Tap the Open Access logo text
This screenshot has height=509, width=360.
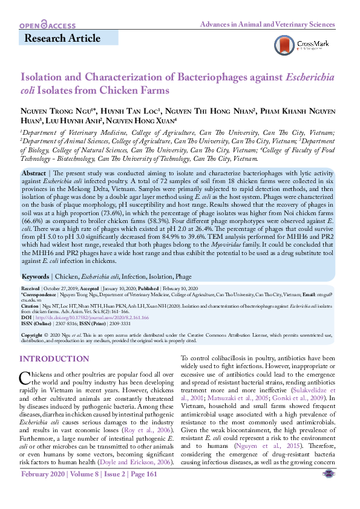click(x=47, y=25)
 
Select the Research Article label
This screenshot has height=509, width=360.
click(x=62, y=39)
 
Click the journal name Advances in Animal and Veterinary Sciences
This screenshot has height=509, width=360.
click(x=267, y=25)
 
